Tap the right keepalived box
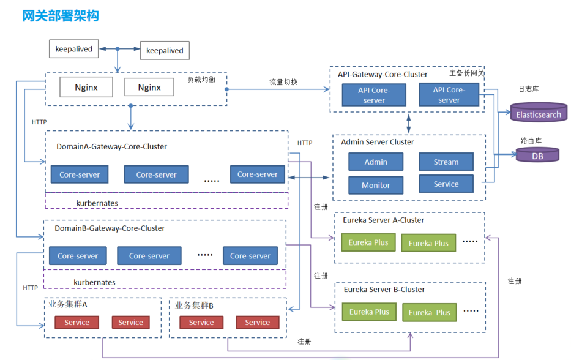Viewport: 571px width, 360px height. click(x=165, y=50)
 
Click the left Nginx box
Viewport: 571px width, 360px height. click(x=86, y=87)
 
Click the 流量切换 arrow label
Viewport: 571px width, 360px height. click(x=283, y=82)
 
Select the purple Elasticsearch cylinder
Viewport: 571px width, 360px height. click(x=539, y=114)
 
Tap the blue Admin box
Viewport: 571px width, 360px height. click(x=376, y=162)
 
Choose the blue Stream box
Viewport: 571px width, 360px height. click(x=446, y=162)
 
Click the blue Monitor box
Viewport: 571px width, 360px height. click(x=376, y=185)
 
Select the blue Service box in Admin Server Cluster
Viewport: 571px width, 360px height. click(x=446, y=184)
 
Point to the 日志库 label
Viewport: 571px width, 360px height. click(x=528, y=89)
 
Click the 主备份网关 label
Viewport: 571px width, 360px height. click(x=467, y=73)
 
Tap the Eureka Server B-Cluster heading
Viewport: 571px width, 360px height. click(x=384, y=289)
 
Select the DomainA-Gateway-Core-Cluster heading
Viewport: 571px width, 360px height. click(x=111, y=146)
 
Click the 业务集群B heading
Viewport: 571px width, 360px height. click(x=194, y=305)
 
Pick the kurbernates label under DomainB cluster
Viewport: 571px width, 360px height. click(x=94, y=282)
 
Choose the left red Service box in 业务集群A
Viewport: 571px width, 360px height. click(x=77, y=323)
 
